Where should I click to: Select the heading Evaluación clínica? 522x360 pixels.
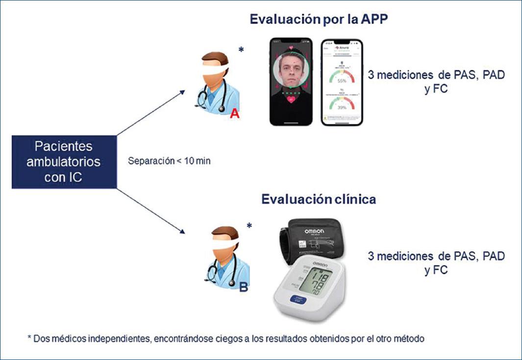click(319, 199)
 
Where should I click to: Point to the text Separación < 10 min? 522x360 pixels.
click(169, 160)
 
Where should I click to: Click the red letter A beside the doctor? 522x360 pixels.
click(235, 114)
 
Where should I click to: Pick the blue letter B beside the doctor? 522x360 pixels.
click(244, 288)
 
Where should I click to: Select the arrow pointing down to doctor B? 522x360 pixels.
click(152, 211)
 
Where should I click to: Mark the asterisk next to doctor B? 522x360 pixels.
click(249, 226)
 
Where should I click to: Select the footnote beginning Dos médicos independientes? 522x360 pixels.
click(225, 338)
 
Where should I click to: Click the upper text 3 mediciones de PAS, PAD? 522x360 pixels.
click(436, 76)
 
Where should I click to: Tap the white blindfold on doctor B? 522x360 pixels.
click(220, 241)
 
